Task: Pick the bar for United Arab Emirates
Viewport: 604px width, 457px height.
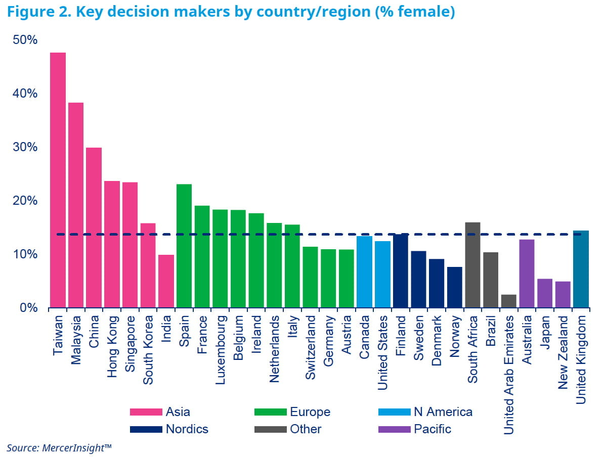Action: coord(508,301)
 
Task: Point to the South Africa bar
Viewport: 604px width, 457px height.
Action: coord(472,265)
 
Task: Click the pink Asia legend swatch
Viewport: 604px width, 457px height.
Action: coord(146,412)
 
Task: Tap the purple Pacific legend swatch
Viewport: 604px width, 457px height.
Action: coord(394,429)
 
